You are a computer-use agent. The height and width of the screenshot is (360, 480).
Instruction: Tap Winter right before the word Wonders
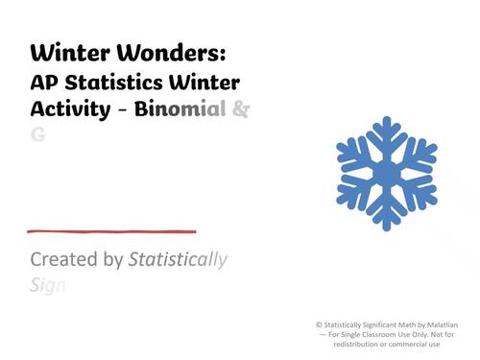click(x=70, y=50)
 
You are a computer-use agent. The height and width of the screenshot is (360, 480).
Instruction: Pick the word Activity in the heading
click(x=70, y=108)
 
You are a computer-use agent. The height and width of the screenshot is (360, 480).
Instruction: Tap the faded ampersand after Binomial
click(x=241, y=108)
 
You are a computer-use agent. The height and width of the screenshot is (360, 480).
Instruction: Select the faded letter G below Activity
click(x=37, y=135)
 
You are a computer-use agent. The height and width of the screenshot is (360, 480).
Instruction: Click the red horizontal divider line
click(x=112, y=231)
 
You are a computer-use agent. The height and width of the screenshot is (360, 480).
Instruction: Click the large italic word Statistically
click(x=179, y=260)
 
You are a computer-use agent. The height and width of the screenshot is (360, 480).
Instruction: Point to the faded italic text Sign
click(x=46, y=285)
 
